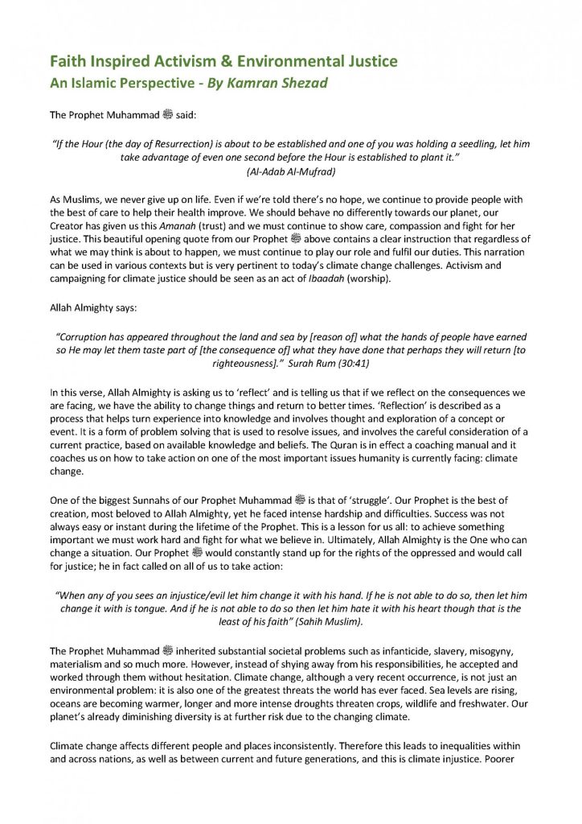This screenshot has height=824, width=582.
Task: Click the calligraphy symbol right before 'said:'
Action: pos(168,114)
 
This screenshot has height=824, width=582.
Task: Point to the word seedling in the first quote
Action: pos(473,143)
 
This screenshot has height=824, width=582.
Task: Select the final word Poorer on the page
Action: pos(510,760)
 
